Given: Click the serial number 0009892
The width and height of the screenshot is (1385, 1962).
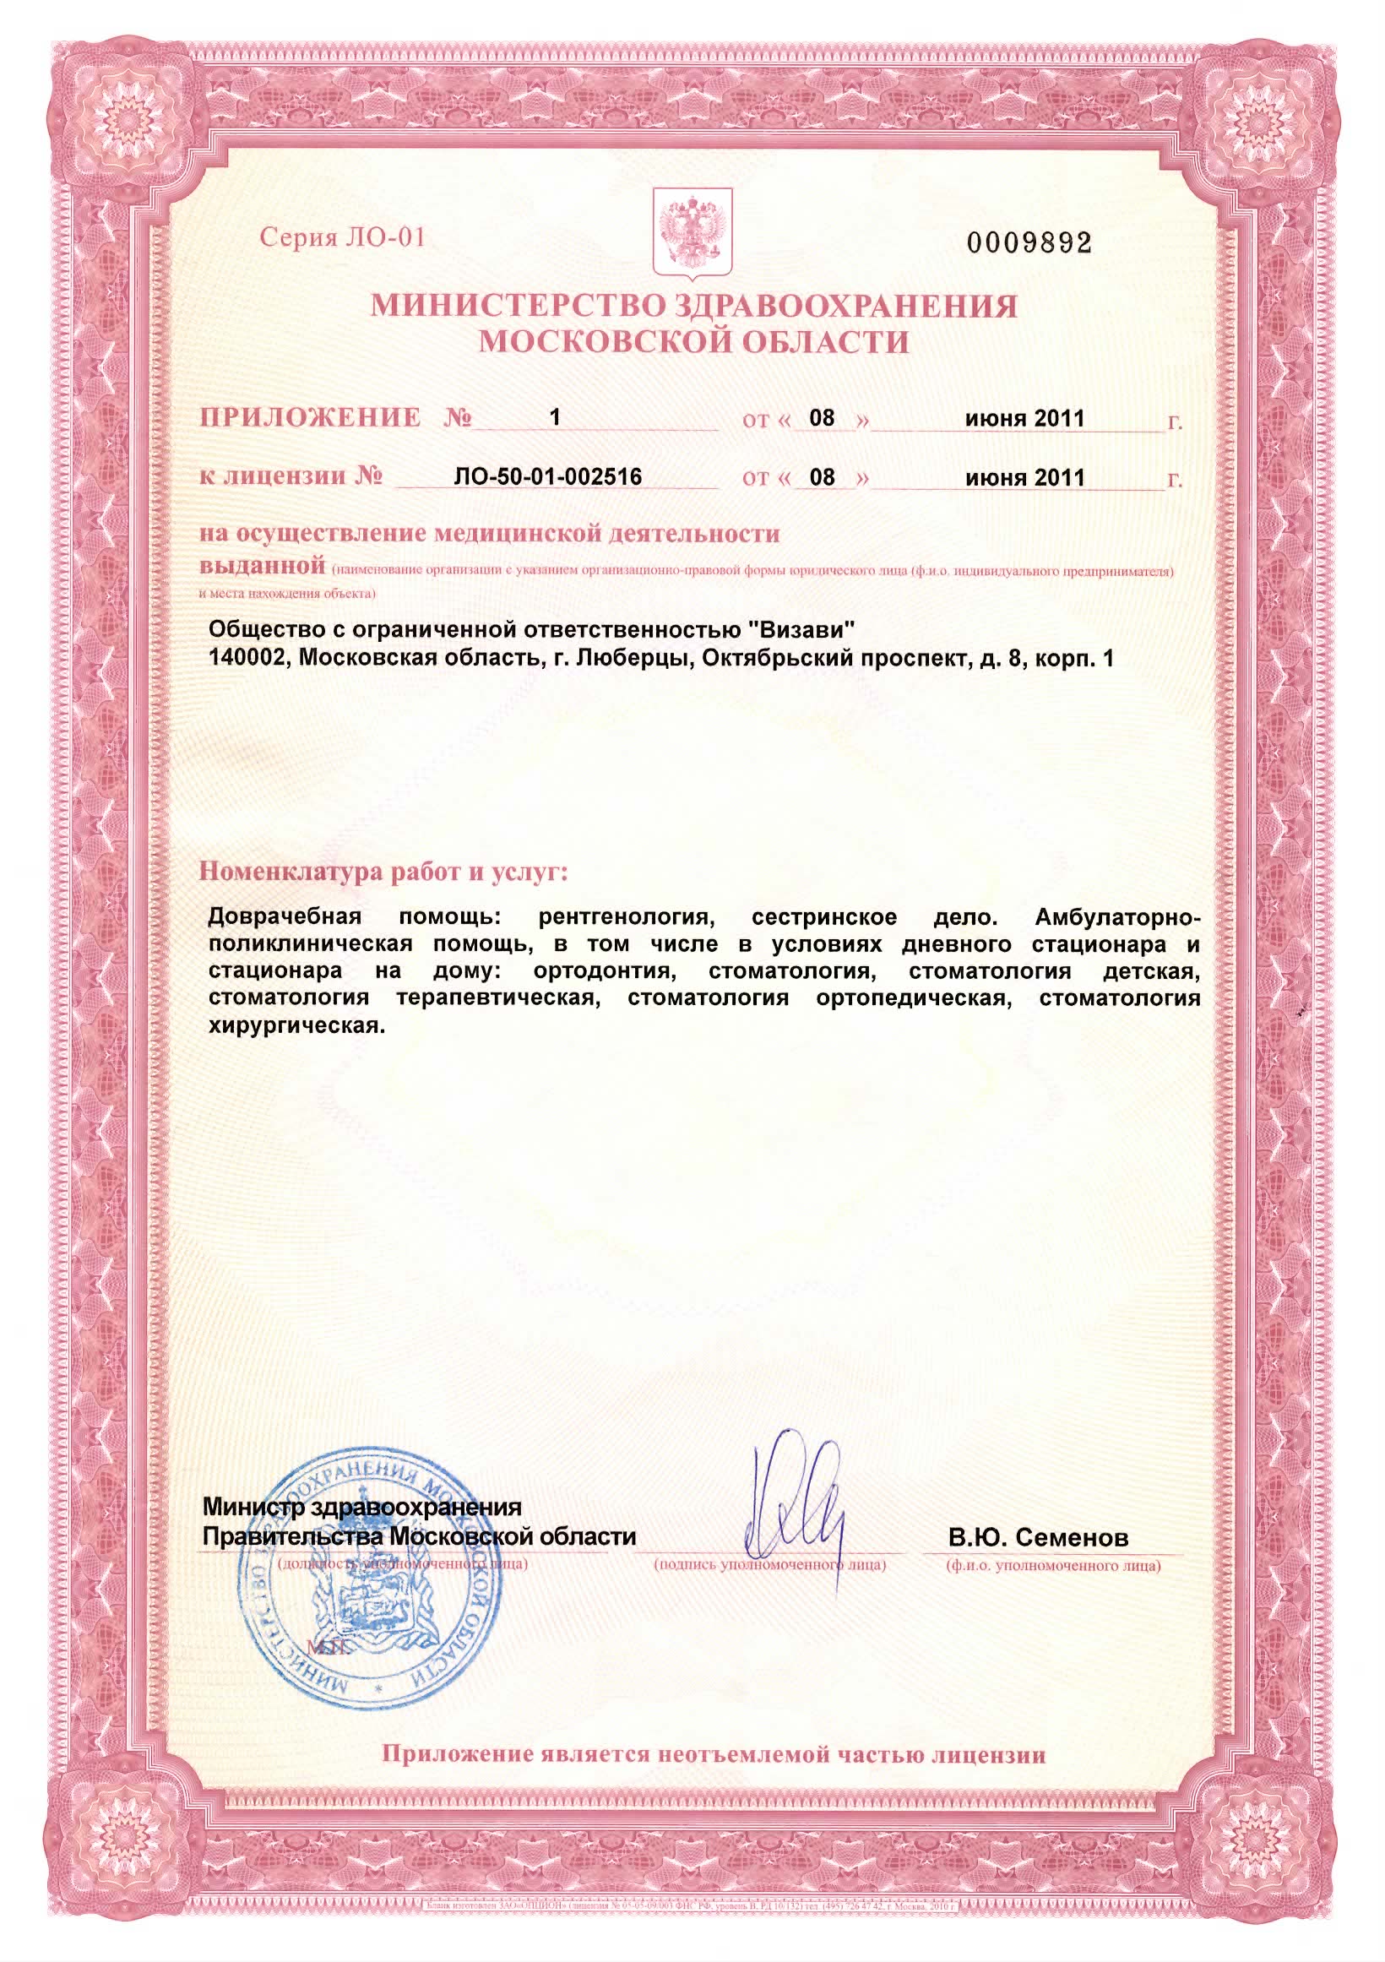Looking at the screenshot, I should (1029, 243).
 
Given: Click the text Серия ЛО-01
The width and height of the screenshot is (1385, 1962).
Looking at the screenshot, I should (342, 236).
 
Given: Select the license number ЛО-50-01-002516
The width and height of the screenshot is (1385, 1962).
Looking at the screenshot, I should (548, 477).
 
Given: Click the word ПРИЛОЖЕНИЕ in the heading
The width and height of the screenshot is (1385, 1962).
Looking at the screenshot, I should (310, 418).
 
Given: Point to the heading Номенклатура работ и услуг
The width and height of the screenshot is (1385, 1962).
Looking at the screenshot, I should (383, 872).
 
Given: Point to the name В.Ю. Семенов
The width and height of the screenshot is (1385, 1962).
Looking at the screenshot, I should (1038, 1538).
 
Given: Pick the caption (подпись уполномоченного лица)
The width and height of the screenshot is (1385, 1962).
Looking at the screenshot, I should (770, 1565).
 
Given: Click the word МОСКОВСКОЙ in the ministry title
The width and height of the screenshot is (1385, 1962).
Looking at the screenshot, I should (595, 343).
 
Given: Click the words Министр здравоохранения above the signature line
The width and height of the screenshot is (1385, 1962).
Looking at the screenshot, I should (361, 1507).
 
